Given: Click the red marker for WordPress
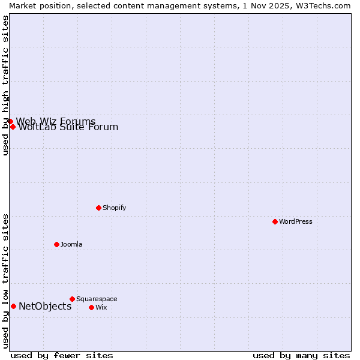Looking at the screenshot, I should click(x=275, y=221).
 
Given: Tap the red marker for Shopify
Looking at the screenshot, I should click(x=98, y=208).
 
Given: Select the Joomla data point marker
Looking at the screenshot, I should click(x=56, y=244).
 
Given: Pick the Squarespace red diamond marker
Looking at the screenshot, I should click(x=72, y=299).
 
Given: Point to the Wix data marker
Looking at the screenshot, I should click(x=91, y=307).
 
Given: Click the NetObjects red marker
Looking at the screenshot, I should click(x=13, y=306).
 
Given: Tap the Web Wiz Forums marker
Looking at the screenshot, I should click(x=10, y=121).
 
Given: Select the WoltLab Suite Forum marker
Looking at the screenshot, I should click(x=13, y=127).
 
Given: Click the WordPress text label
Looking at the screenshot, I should click(x=296, y=221).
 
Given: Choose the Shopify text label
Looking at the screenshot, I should click(x=114, y=208).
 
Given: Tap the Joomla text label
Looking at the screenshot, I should click(x=71, y=244).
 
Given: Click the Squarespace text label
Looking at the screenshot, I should click(x=97, y=299).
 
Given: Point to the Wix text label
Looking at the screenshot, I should click(x=101, y=307).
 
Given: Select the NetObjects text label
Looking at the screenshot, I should click(x=45, y=307).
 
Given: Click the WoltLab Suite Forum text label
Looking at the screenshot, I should click(x=68, y=127).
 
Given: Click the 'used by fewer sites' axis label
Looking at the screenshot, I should click(x=62, y=355).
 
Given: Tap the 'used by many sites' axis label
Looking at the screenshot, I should click(x=301, y=355).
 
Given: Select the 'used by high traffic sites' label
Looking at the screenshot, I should click(x=5, y=85).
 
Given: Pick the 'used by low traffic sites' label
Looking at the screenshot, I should click(x=5, y=281).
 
